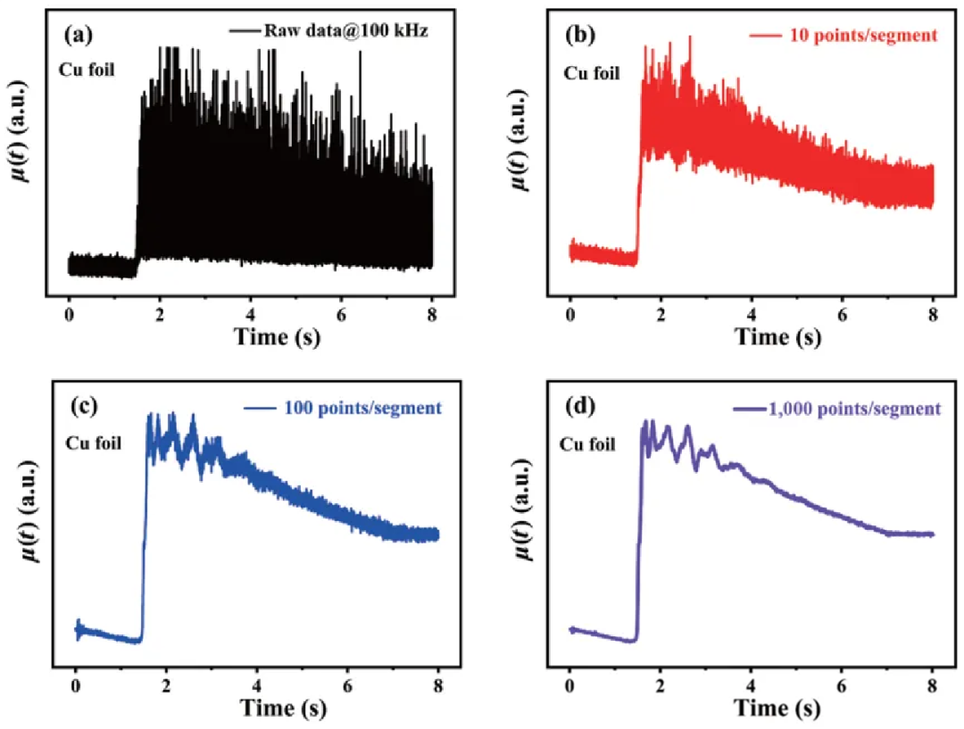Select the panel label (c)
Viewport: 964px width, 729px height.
pos(83,407)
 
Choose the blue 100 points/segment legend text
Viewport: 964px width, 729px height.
pos(362,408)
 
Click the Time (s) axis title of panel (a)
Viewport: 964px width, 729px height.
pos(277,336)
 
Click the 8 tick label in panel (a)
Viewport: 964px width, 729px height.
pos(432,314)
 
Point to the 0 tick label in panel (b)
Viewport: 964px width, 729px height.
pos(569,314)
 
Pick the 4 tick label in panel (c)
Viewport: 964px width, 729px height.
pos(257,685)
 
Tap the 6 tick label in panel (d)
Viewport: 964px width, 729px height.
pos(842,685)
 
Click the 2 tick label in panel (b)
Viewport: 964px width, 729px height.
pos(661,314)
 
